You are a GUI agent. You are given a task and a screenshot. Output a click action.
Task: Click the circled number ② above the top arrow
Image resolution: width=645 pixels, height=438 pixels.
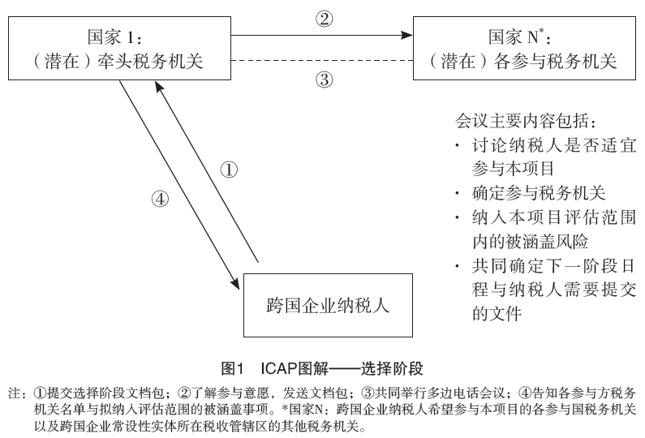[x=325, y=19]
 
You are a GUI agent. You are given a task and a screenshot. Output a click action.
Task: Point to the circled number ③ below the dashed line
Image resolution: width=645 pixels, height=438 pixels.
[x=325, y=79]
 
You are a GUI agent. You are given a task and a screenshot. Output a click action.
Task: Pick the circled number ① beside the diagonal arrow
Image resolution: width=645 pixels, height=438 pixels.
[x=229, y=170]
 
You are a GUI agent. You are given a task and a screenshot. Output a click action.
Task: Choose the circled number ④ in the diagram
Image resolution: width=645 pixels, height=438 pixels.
[x=160, y=199]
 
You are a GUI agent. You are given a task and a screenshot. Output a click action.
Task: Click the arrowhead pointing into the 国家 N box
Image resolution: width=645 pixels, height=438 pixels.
[x=406, y=36]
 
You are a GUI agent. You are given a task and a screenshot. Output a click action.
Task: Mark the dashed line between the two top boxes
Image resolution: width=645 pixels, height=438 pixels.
[x=322, y=61]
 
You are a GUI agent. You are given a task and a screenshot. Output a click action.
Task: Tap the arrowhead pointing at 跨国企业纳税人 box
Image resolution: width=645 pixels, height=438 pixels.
[x=235, y=284]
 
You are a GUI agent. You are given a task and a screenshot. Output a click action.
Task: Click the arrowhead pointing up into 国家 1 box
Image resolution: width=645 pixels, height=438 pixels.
[x=158, y=86]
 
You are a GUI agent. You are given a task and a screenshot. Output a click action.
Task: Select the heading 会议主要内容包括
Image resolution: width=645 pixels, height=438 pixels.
[x=525, y=121]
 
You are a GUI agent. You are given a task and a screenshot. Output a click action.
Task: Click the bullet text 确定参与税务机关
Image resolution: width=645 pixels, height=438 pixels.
[x=539, y=193]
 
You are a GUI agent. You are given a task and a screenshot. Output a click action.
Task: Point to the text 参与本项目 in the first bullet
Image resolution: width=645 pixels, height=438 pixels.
[x=513, y=169]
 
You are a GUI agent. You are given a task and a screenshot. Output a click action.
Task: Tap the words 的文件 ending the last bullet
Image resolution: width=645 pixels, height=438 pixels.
[x=497, y=314]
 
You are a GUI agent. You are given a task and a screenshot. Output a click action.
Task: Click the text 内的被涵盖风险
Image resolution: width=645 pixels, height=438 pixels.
[x=530, y=242]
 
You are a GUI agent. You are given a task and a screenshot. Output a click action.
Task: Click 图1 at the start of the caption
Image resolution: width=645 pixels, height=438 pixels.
[x=233, y=368]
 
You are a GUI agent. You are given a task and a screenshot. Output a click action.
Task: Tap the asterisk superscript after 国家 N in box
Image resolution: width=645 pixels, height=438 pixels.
[x=542, y=30]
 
